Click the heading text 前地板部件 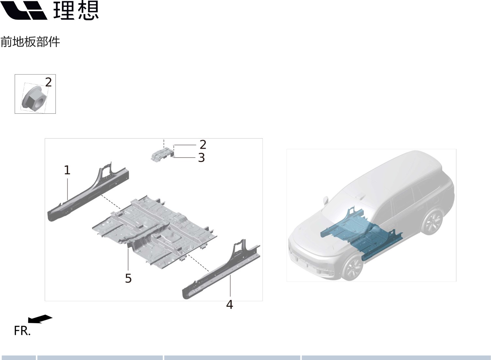coord(30,42)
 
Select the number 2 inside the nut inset coord(48,82)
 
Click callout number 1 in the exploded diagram coord(67,170)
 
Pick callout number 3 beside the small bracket coord(201,157)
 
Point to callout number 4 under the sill coord(230,304)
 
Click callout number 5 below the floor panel coord(128,278)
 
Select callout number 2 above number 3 coord(203,144)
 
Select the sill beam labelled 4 coord(222,271)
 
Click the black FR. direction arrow coord(40,319)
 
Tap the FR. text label coord(22,331)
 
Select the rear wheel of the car coord(432,222)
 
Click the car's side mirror coord(325,200)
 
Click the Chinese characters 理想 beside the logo coord(75,10)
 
